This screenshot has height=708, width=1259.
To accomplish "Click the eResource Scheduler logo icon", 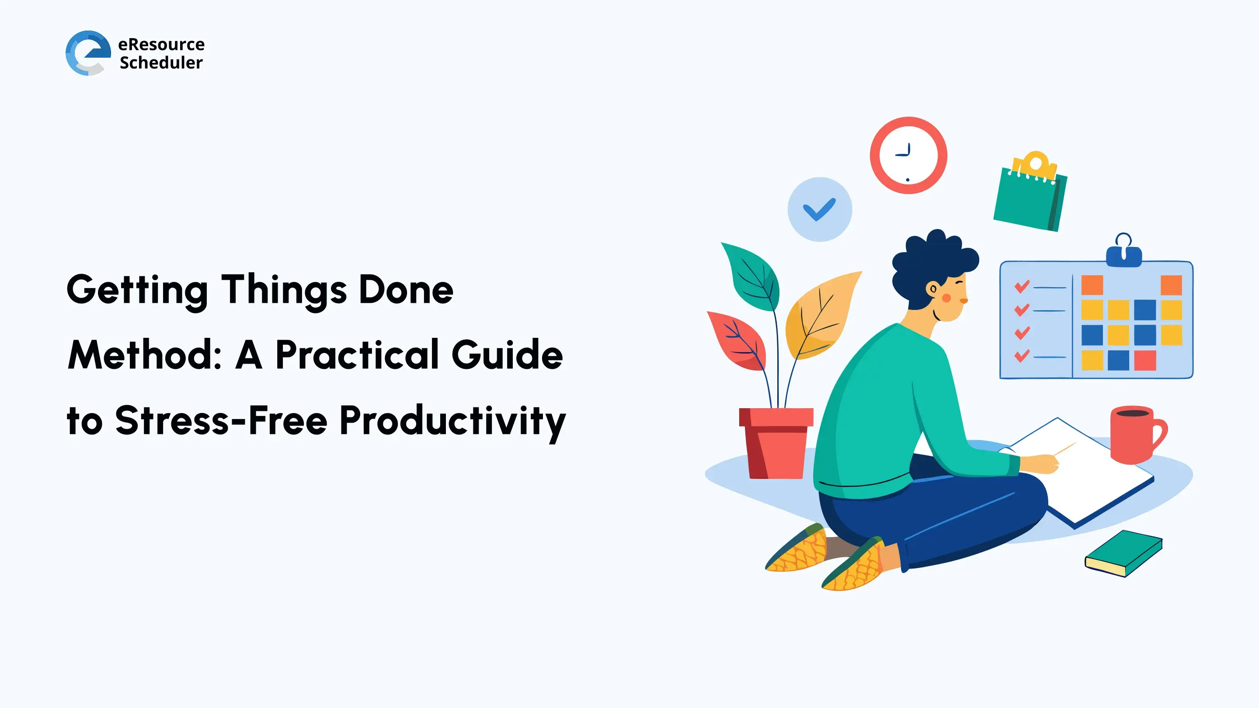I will click(x=88, y=53).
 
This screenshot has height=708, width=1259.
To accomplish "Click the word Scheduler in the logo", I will click(x=161, y=63).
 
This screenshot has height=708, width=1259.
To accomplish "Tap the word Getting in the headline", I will click(x=137, y=291).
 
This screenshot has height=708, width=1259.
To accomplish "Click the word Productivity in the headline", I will click(x=452, y=421).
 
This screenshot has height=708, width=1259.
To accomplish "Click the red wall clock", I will click(x=908, y=156).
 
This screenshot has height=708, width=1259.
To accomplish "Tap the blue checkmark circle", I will click(x=820, y=209).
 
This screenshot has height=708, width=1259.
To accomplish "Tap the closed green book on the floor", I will click(x=1123, y=553).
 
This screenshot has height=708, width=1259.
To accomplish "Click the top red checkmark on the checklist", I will click(x=1022, y=286).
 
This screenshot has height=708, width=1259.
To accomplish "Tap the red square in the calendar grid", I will click(x=1144, y=361).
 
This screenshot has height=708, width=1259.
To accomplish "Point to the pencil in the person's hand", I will click(x=1065, y=449).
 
